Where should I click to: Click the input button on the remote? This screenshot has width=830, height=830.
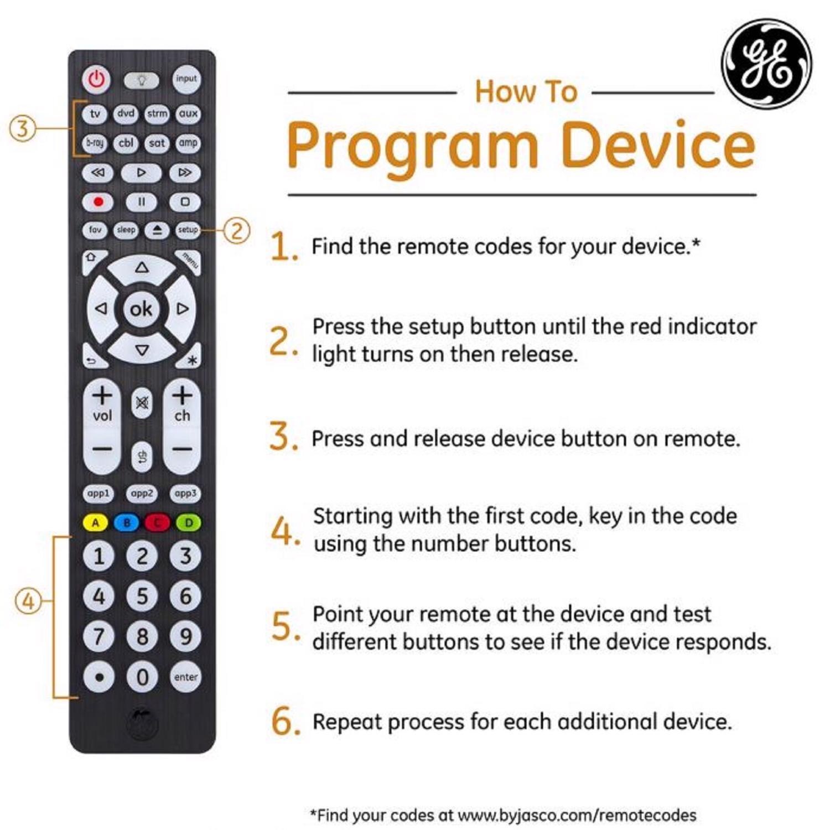186,79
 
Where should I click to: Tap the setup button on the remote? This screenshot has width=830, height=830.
188,230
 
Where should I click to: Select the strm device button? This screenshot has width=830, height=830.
157,114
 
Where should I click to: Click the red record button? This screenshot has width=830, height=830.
98,202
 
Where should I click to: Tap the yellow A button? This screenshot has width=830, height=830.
96,522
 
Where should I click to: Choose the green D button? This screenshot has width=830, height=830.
188,522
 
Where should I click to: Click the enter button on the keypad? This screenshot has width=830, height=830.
185,677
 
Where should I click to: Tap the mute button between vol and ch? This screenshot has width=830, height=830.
142,403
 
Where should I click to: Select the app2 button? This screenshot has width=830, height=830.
142,493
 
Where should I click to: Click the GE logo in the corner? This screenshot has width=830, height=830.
766,63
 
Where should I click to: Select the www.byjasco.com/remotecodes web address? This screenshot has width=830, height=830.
577,815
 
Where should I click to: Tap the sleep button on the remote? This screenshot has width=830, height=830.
126,230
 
